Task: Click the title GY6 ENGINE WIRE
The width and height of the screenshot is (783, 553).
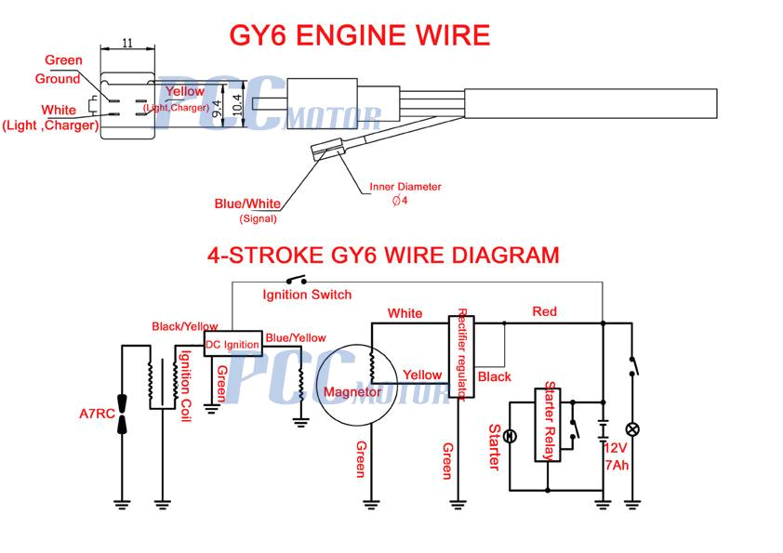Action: point(360,35)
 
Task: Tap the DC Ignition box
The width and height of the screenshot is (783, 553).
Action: point(232,344)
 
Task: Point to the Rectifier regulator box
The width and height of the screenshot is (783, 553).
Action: point(461,356)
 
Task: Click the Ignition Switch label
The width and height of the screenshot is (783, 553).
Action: point(307,295)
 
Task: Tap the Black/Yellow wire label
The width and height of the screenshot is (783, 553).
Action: point(185,326)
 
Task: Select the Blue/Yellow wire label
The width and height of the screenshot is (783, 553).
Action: point(296,337)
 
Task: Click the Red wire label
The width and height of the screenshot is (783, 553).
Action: point(545,311)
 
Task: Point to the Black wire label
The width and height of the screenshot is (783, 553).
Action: point(494,376)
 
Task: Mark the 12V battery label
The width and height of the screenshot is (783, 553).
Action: point(617,446)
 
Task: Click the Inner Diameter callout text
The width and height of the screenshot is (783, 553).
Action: point(405,187)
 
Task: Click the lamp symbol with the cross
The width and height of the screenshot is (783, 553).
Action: point(632,429)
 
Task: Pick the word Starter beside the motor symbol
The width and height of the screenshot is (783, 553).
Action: point(493,446)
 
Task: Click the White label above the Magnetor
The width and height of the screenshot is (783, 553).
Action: point(405,313)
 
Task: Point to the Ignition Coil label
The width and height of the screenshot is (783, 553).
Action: point(186,386)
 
